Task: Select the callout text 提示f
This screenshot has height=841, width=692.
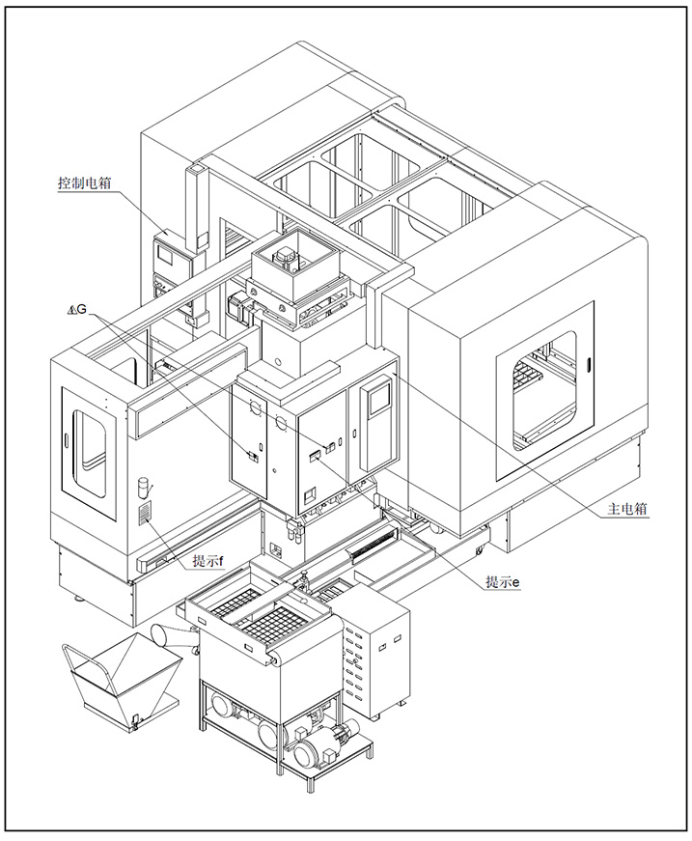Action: click(x=208, y=561)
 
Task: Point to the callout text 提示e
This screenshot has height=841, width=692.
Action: click(x=502, y=581)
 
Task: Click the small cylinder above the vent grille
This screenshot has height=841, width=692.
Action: click(x=144, y=487)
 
